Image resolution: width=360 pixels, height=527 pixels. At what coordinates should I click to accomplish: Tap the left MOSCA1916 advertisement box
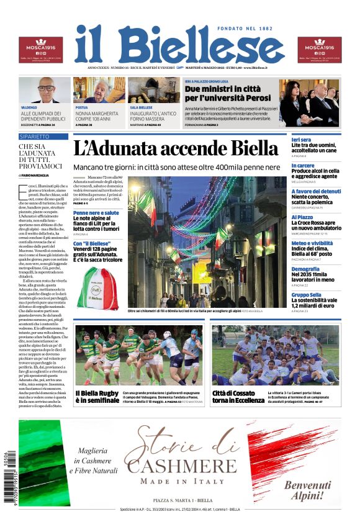[x=40, y=50]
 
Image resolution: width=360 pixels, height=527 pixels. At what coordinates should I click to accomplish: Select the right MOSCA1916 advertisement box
[x=319, y=50]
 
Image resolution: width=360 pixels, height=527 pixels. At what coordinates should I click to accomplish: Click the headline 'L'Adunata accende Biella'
[x=176, y=148]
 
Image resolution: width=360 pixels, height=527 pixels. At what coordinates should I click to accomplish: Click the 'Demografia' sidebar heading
[x=305, y=269]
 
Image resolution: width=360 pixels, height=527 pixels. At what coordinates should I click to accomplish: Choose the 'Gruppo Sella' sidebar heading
[x=307, y=295]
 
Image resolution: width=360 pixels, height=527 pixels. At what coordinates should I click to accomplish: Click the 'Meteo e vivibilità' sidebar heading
[x=316, y=243]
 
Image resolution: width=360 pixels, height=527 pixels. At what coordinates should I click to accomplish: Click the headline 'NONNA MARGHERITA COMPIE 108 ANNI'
[x=97, y=117]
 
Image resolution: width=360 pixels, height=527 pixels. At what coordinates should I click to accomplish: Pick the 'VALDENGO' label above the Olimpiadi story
[x=29, y=107]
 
